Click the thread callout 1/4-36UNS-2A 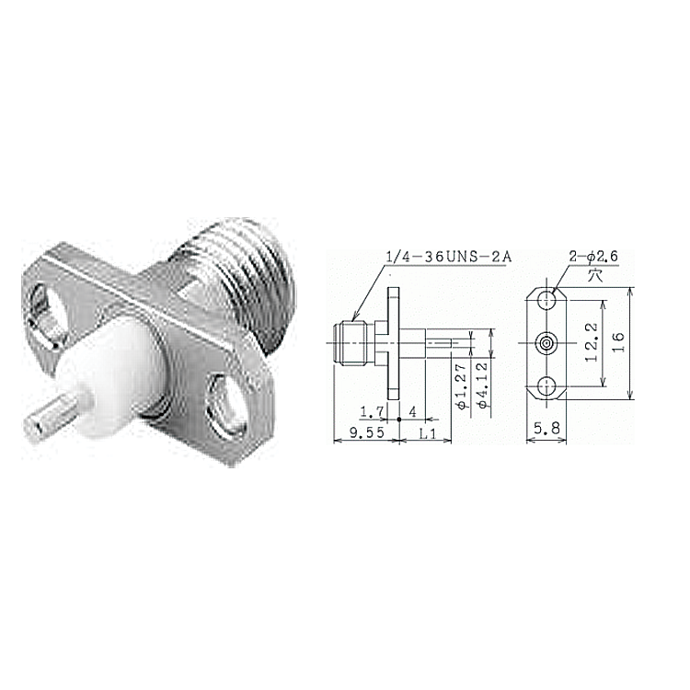[448, 257]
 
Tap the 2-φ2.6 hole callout [593, 256]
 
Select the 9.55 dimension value [367, 433]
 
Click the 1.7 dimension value [372, 412]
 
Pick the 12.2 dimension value [592, 343]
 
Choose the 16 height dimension [618, 342]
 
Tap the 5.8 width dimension [547, 428]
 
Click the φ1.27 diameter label [460, 386]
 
